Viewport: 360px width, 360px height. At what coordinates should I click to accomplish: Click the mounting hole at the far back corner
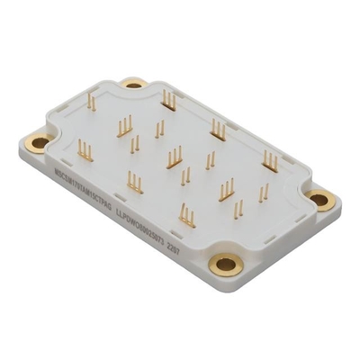[x=135, y=84]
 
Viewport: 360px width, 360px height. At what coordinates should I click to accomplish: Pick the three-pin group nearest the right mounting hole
[x=270, y=158]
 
